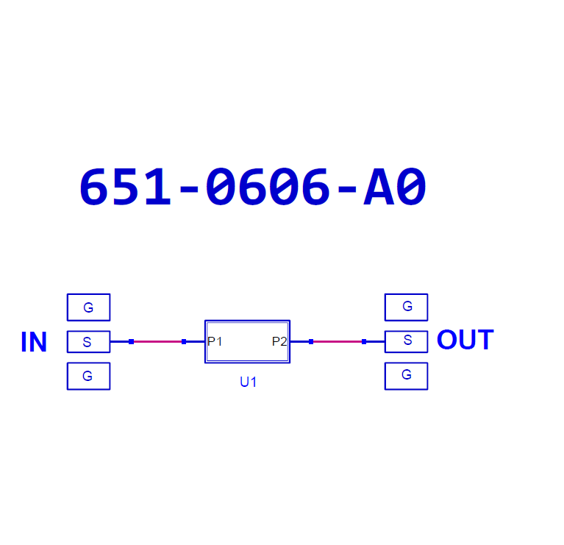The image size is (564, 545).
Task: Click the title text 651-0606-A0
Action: [x=253, y=186]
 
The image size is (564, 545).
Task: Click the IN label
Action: [x=34, y=342]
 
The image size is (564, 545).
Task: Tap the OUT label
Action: [x=465, y=340]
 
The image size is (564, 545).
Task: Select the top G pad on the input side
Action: [x=88, y=307]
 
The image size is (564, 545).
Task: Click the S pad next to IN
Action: [x=88, y=342]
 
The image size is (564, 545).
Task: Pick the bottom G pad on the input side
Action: [x=88, y=377]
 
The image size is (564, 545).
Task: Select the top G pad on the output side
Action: [x=406, y=307]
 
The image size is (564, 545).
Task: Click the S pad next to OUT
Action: [x=406, y=342]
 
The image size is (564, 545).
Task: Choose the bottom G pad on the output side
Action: [x=406, y=377]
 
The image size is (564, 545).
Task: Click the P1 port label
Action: [x=215, y=341]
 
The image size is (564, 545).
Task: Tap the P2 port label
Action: [x=279, y=341]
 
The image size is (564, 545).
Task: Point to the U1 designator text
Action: [x=249, y=382]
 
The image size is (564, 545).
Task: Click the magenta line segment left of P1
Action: [x=157, y=342]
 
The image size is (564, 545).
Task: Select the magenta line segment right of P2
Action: [x=338, y=342]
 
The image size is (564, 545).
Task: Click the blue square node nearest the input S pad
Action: [x=132, y=342]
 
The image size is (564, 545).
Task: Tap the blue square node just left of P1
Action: [x=184, y=342]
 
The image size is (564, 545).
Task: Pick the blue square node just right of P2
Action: [x=311, y=342]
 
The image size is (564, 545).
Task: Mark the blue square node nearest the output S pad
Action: [x=364, y=342]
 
